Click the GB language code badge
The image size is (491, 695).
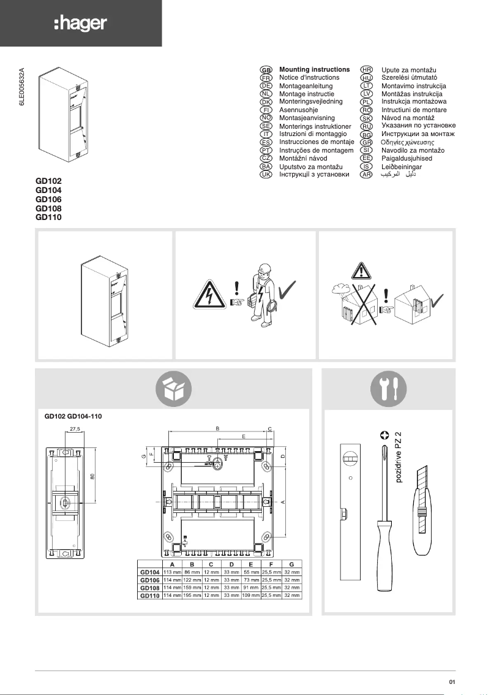(266, 70)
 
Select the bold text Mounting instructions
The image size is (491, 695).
(314, 70)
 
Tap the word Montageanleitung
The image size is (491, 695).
(305, 86)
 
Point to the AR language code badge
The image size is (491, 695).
(367, 175)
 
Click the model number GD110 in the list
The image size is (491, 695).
(49, 217)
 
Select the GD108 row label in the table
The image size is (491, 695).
(150, 587)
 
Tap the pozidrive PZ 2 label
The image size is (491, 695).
(399, 456)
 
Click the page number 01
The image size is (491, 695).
(452, 682)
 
